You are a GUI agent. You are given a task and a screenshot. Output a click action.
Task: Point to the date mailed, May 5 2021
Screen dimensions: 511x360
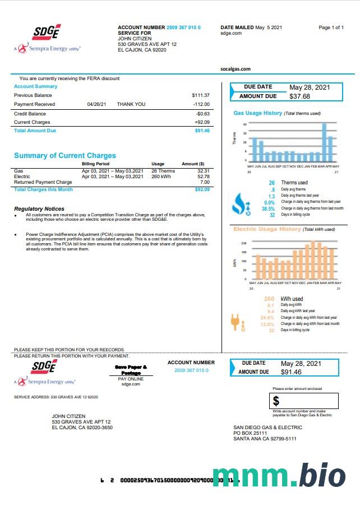tap(269, 27)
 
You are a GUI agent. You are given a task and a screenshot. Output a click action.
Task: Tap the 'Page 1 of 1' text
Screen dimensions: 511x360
tap(331, 27)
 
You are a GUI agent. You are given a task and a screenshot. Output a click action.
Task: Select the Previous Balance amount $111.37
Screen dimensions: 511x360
tap(200, 95)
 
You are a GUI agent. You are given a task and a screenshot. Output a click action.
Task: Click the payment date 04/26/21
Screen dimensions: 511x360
tap(96, 104)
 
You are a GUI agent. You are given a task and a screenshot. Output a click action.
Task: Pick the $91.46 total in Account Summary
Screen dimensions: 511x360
tap(202, 131)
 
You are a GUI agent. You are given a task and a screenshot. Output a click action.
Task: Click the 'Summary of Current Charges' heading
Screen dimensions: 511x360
tap(64, 156)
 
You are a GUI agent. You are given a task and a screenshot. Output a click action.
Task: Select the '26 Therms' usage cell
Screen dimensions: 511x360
tap(163, 171)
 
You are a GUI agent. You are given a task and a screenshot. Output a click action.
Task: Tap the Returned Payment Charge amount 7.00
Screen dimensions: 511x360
tap(205, 182)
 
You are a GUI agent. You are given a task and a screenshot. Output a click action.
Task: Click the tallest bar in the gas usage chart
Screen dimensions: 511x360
tap(324, 142)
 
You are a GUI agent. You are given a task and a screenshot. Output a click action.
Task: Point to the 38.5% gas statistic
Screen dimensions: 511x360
tap(268, 208)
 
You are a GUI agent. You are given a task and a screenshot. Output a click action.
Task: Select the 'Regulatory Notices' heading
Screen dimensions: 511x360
tap(39, 209)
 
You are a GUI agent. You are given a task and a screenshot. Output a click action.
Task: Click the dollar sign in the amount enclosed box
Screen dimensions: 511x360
tap(276, 401)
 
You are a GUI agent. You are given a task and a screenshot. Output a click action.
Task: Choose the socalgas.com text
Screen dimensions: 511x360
tap(236, 69)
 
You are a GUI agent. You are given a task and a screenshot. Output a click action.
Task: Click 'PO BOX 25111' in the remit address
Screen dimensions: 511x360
tap(250, 433)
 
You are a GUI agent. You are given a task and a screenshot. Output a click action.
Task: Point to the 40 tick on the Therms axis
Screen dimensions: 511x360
tap(244, 124)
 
